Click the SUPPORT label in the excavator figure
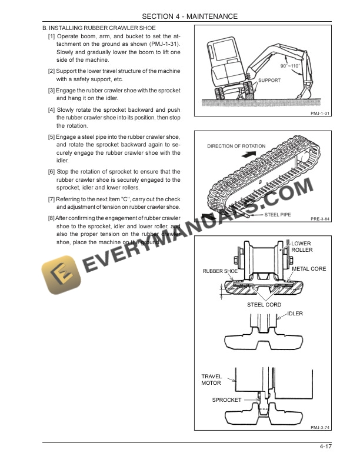pos(269,80)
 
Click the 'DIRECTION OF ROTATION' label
pos(236,146)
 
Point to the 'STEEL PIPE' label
pos(277,215)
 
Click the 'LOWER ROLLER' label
pos(302,247)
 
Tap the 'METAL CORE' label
pos(309,269)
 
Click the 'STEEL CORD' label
pos(264,305)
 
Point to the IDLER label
pos(295,314)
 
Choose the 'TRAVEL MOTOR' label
pos(212,380)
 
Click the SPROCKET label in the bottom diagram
pos(226,400)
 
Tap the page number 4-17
pos(326,449)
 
